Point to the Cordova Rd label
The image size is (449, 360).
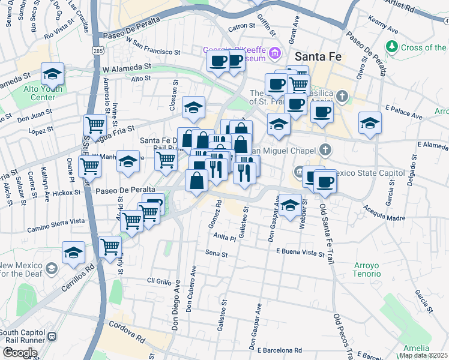[x=127, y=332]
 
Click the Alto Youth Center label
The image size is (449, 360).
[x=34, y=93]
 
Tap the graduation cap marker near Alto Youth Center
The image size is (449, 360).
[x=53, y=74]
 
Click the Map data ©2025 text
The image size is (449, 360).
[x=424, y=355]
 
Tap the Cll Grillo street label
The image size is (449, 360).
[x=160, y=280]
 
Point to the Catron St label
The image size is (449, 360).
[x=242, y=26]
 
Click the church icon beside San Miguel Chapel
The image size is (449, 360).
[x=325, y=149]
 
